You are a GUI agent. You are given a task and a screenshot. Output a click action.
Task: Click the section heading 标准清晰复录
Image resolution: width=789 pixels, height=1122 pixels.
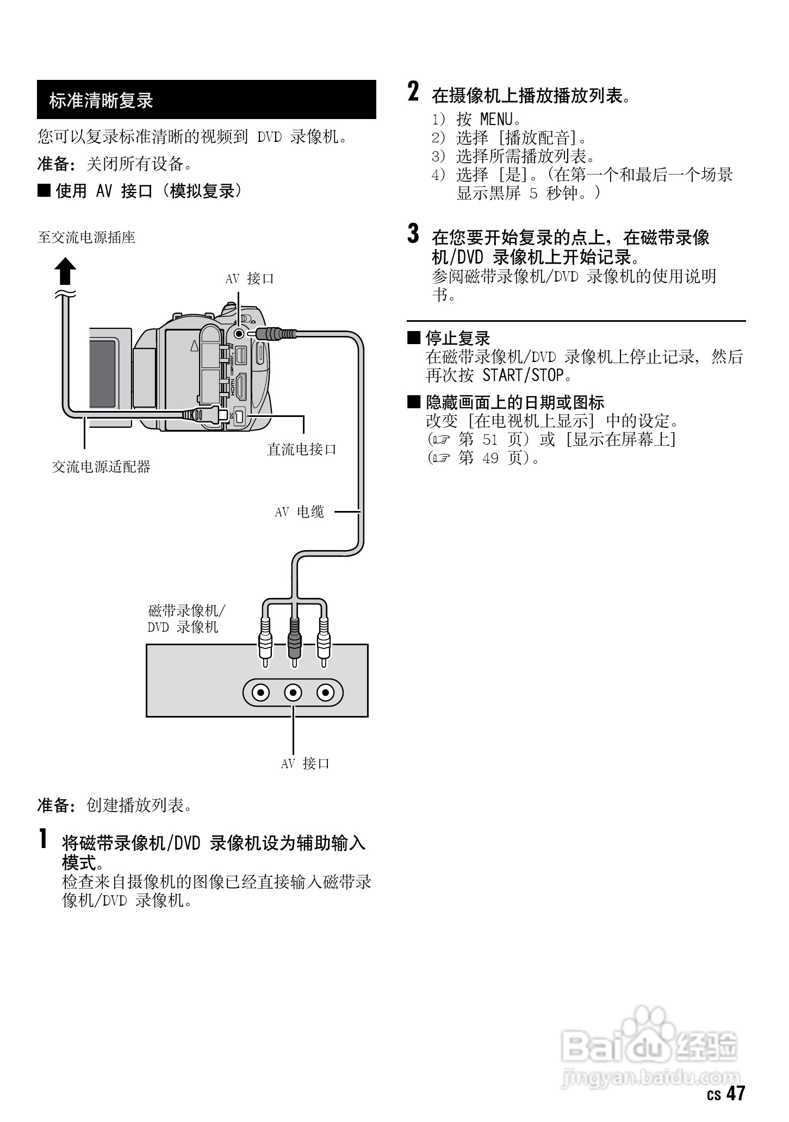click(x=102, y=101)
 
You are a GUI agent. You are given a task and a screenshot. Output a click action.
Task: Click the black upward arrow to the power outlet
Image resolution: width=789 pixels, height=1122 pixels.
click(x=64, y=271)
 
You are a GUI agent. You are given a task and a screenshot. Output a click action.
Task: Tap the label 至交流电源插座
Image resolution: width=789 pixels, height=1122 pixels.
click(x=86, y=238)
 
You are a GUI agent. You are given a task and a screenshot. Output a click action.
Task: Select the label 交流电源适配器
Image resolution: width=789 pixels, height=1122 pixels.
click(x=101, y=466)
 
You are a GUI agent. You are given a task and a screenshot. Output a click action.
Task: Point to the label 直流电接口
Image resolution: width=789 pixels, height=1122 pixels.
click(x=302, y=449)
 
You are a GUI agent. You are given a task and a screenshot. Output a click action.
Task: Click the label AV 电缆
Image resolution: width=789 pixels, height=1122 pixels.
click(x=300, y=512)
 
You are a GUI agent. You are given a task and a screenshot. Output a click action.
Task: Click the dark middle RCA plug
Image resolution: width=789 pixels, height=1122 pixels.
click(x=294, y=639)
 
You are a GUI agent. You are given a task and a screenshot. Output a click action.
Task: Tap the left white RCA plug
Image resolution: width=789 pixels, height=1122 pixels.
click(x=265, y=639)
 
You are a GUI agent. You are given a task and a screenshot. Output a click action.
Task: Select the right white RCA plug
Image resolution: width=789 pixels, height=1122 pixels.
click(x=324, y=639)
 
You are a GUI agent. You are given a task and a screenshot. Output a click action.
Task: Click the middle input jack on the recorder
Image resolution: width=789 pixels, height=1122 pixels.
click(x=294, y=693)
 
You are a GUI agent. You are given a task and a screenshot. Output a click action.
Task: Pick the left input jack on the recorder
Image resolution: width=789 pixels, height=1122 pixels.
click(x=262, y=693)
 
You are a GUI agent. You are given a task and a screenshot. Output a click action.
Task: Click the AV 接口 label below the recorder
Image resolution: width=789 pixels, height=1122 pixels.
click(x=305, y=764)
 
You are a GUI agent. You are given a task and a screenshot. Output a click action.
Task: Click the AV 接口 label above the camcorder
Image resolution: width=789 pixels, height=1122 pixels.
click(x=250, y=279)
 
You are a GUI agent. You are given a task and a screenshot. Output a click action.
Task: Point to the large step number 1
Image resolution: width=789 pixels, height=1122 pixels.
click(x=42, y=839)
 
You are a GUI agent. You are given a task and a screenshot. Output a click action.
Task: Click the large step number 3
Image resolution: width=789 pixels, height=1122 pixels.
click(x=414, y=234)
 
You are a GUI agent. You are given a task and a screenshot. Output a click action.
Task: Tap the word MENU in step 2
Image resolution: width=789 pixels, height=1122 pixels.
click(x=496, y=119)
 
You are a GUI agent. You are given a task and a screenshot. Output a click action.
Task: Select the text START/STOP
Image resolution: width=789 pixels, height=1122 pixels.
click(x=523, y=375)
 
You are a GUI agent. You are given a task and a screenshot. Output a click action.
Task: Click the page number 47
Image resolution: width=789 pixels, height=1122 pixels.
click(x=735, y=1093)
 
